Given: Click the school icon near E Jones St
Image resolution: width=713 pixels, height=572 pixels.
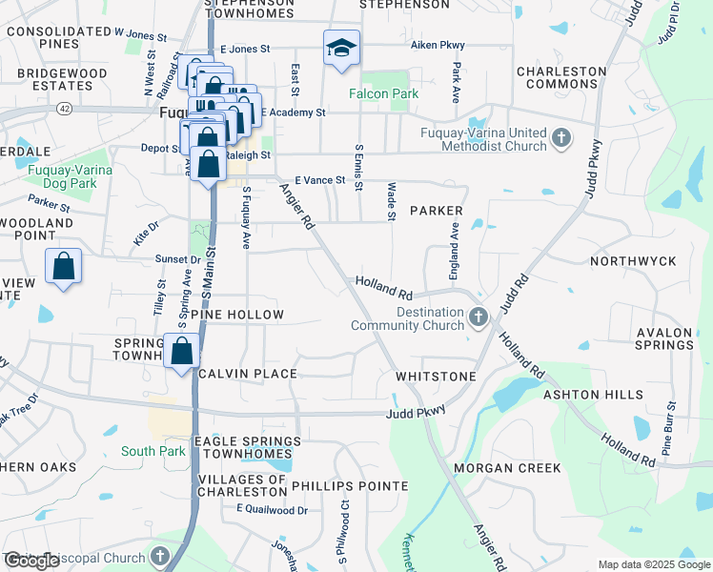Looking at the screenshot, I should [341, 48].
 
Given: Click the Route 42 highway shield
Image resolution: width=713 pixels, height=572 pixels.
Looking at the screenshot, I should [63, 109].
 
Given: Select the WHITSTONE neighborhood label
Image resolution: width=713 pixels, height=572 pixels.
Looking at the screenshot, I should [436, 377].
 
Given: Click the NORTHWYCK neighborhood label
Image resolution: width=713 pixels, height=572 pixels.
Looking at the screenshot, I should [632, 260].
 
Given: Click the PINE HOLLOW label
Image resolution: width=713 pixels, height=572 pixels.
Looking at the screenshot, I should [238, 315].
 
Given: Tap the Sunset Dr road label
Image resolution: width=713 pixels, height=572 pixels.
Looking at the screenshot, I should [178, 258].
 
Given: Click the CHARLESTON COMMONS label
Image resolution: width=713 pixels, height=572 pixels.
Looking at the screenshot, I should [560, 77].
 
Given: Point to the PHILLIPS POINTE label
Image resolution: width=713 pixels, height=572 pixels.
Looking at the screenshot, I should [349, 485].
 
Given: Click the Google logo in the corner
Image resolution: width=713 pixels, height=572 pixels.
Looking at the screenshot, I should [32, 561].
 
